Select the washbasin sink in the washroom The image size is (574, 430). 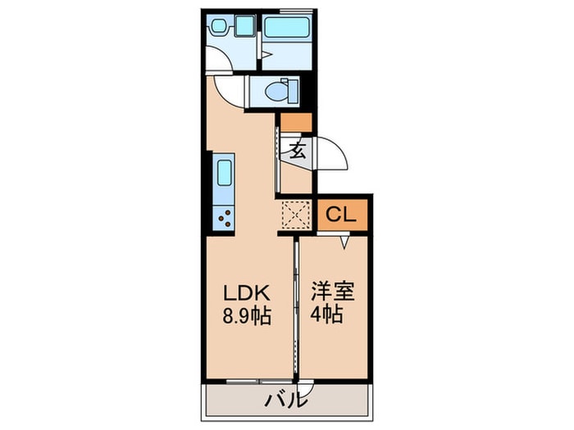tap(221, 26)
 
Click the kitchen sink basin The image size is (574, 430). tap(224, 174)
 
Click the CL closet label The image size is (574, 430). tap(340, 215)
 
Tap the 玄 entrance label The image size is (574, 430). tap(297, 150)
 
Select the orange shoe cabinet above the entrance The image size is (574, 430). tap(296, 123)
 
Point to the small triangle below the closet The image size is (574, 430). tap(344, 241)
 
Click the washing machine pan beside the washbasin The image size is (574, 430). tap(246, 27)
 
